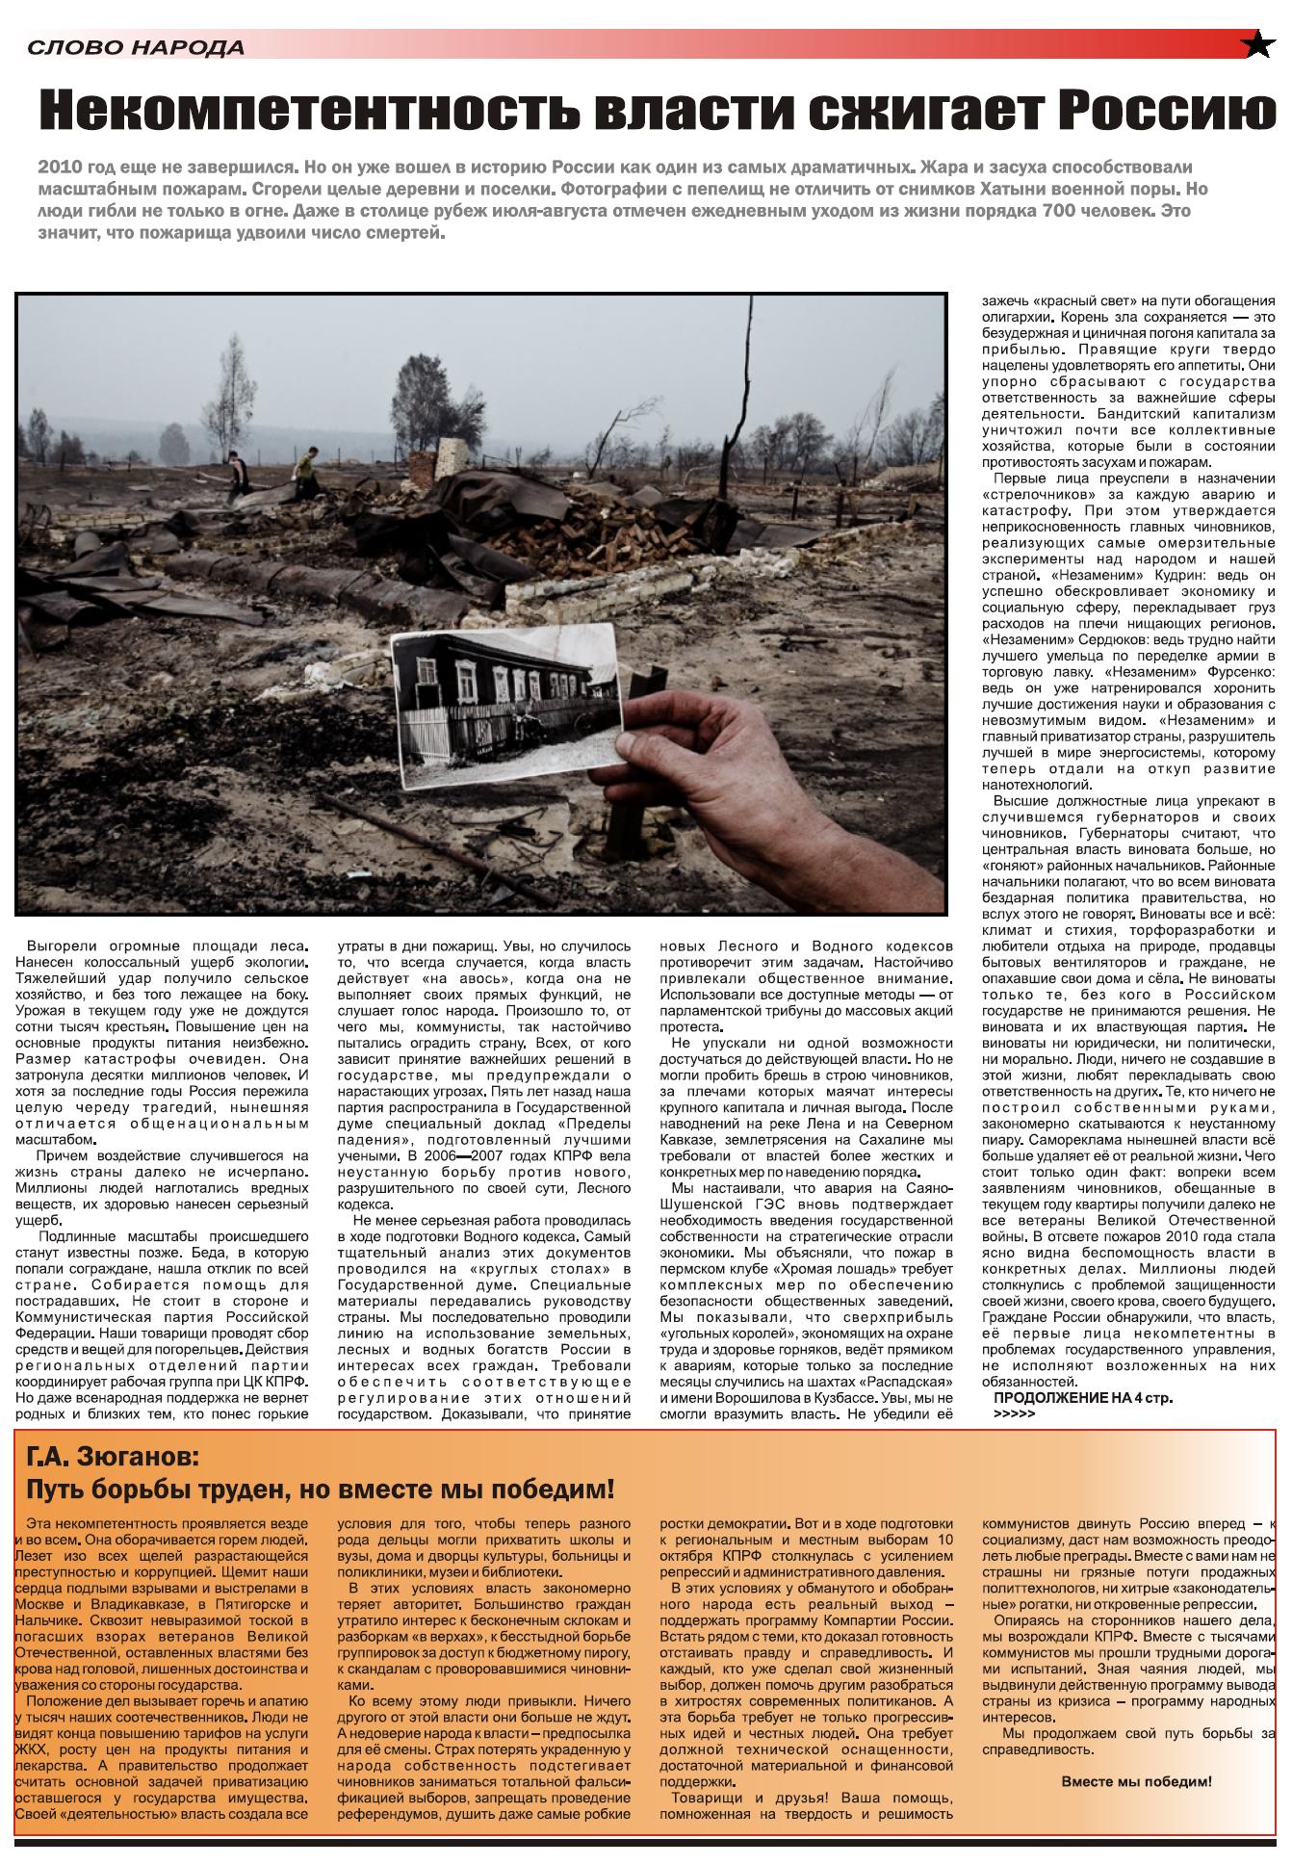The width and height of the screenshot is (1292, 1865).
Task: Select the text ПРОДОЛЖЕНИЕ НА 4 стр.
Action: [x=1083, y=1398]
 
